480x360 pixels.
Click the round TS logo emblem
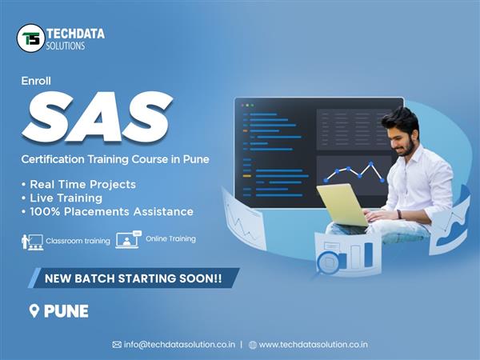pos(30,38)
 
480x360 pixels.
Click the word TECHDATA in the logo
pos(75,34)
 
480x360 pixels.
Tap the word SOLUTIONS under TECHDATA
pos(66,46)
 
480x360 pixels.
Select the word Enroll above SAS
pos(36,81)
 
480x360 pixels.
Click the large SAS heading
pos(98,117)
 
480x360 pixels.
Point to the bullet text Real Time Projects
pos(82,184)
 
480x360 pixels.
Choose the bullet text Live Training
pos(66,198)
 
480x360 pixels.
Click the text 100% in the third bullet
pos(45,211)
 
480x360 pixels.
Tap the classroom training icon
pos(33,242)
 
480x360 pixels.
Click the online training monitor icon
pos(128,239)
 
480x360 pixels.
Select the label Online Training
pos(170,238)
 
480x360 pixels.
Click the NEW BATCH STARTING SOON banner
pos(134,278)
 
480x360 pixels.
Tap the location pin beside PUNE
pos(34,310)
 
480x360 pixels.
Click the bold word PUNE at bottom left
pos(66,311)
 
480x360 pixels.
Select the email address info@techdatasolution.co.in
pos(179,345)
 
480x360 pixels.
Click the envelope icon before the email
pos(117,345)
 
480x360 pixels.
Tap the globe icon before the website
pos(253,345)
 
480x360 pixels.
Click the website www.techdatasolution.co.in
pos(313,345)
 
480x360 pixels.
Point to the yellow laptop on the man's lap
pos(343,205)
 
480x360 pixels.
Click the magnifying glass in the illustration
pos(327,264)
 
